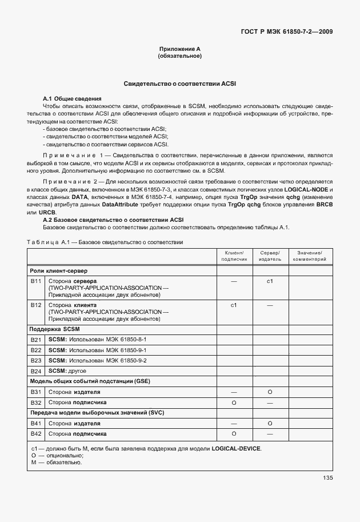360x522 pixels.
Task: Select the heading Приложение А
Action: [179, 50]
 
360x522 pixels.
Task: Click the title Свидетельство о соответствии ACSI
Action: [179, 84]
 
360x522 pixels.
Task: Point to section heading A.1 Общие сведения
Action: [73, 99]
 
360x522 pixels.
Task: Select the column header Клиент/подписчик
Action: [234, 256]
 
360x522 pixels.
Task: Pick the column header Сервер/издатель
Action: [270, 256]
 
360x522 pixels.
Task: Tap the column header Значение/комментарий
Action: [309, 256]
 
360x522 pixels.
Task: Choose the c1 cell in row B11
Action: [270, 282]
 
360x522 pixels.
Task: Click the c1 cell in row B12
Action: [234, 305]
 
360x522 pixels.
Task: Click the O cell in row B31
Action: [270, 392]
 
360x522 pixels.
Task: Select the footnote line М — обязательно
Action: [57, 463]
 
